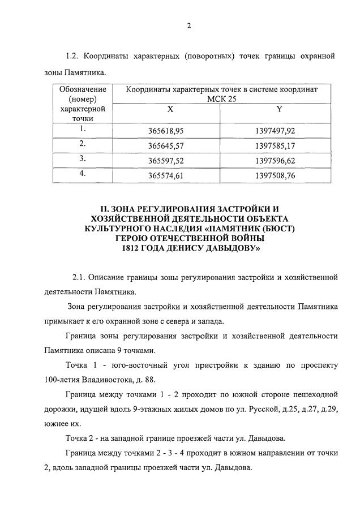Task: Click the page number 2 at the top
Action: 189,25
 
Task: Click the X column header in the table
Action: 170,109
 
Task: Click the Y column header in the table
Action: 279,109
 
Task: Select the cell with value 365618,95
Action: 170,131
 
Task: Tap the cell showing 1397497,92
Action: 279,131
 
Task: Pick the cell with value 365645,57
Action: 170,146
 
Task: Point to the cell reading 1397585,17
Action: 279,146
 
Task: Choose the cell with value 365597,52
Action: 170,161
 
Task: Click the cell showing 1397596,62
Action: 279,161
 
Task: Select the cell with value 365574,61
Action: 170,176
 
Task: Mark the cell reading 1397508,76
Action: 279,176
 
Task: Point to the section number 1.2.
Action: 72,56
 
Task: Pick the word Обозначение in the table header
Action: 83,89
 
